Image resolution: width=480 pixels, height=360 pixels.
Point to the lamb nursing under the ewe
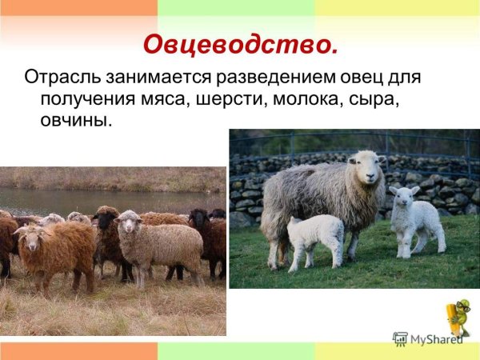tap(314, 236)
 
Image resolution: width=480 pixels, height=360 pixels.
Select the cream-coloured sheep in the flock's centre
tap(156, 244)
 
